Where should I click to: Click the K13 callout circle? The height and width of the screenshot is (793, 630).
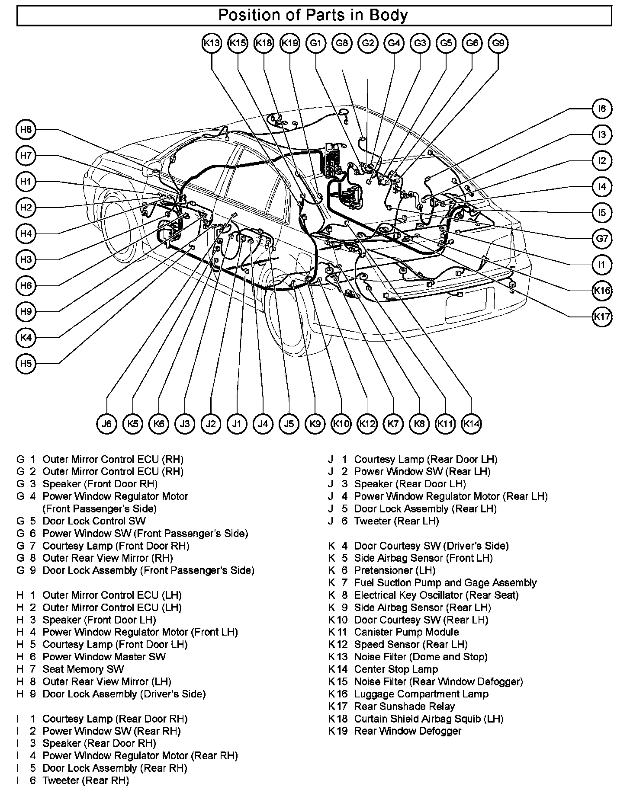212,43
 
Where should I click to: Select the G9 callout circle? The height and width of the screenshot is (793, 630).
498,43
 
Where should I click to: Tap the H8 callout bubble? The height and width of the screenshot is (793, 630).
26,130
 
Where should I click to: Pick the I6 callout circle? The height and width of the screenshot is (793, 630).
602,109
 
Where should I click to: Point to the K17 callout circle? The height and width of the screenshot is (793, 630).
602,317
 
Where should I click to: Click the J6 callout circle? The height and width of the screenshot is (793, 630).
107,424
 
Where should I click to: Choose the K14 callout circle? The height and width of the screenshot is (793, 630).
471,424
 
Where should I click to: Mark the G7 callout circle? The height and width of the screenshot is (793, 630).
602,239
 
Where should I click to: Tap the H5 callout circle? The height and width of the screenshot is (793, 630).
26,363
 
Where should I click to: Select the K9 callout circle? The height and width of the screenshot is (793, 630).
315,424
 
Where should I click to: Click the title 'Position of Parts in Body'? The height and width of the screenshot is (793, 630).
313,16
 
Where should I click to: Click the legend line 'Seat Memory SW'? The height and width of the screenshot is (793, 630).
83,669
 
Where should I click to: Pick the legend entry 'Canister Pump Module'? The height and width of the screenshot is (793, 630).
406,632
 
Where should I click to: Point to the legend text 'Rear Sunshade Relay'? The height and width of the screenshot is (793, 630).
404,707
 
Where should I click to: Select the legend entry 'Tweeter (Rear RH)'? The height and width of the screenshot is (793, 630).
86,780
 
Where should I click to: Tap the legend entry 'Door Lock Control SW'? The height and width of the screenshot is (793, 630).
94,521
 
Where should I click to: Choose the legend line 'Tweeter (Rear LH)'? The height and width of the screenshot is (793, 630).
396,521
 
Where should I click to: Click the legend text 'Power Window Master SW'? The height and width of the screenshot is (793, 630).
104,657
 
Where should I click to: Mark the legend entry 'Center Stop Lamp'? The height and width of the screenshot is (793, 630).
396,669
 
